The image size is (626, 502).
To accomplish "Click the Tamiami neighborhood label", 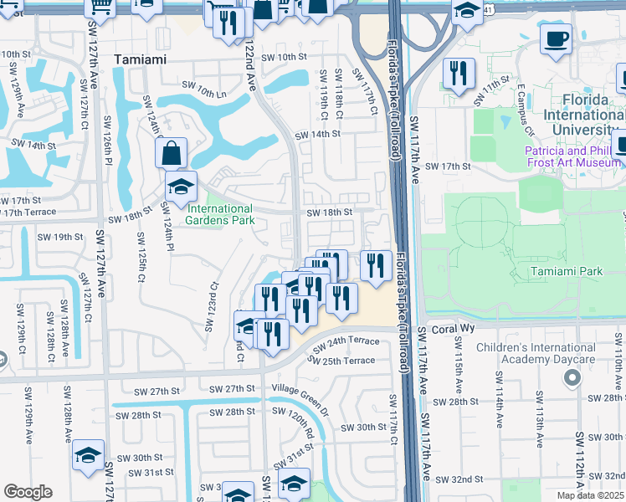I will pos(141,59).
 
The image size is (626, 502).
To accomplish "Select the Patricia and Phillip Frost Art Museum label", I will pos(574,157).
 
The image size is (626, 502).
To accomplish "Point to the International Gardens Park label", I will pos(219,214).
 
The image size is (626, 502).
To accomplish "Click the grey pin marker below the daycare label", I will pos(572,379).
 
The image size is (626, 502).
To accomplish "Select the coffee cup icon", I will pos(556,38).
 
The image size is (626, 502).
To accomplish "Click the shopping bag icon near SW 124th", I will pos(171,153).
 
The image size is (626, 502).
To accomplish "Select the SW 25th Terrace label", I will pos(341,361).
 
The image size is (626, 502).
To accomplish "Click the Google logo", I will pos(28,492).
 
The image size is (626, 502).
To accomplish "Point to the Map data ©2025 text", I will pos(590,495).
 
